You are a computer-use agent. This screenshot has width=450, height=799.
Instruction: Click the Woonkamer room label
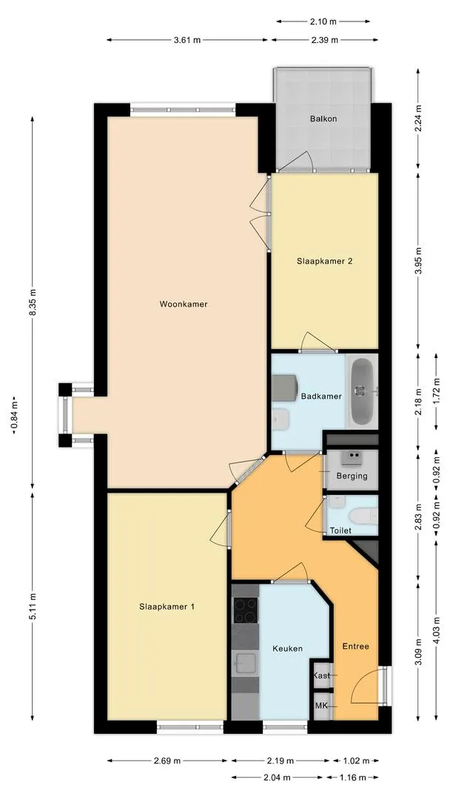183,304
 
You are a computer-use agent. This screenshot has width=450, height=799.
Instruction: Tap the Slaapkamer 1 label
167,607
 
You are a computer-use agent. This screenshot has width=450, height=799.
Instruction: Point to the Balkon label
322,118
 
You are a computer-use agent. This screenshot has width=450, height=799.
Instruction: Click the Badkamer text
321,396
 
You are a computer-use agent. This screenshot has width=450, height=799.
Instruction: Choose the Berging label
352,476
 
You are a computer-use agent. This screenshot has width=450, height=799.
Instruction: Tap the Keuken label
287,648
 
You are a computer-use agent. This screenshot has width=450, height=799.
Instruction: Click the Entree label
355,646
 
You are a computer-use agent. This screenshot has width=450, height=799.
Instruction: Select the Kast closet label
322,675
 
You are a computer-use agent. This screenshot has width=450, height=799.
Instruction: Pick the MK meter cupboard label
321,706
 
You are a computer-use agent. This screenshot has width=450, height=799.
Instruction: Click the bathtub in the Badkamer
363,391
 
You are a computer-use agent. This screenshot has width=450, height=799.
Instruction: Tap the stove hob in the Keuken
245,610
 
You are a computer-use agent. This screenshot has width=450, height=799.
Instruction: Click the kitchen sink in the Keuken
244,661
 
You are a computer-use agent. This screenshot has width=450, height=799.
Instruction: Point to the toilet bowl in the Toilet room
363,516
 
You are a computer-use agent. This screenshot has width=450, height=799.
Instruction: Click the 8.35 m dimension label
33,303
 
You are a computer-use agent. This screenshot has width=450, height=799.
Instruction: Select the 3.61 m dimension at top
187,40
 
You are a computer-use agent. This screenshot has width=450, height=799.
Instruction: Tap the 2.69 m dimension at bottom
168,760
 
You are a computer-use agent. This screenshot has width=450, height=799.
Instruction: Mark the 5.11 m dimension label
33,604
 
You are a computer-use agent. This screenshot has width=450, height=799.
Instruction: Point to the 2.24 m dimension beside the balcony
418,121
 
